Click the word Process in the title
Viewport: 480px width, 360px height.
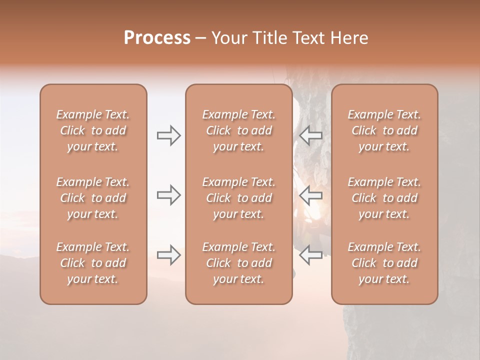click(x=157, y=38)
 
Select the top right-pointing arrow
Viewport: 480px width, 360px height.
click(x=168, y=135)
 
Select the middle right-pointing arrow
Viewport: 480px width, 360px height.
click(x=168, y=195)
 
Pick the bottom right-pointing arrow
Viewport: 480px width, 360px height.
click(x=168, y=255)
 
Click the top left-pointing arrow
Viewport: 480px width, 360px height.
click(x=311, y=135)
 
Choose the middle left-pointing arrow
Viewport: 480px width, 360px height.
click(x=311, y=195)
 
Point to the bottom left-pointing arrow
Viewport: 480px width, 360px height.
click(x=311, y=255)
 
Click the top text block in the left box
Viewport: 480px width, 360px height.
click(x=93, y=130)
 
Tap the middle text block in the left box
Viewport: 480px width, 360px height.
click(x=93, y=198)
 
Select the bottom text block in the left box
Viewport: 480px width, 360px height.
click(x=93, y=263)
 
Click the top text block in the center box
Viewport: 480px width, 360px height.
click(x=239, y=130)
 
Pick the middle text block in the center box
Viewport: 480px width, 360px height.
click(x=239, y=198)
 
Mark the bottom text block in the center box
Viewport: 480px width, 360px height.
click(x=239, y=263)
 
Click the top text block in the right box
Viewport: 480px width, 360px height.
click(x=384, y=130)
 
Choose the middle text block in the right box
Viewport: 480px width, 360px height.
click(x=384, y=198)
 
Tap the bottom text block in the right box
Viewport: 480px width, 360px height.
click(x=384, y=263)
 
